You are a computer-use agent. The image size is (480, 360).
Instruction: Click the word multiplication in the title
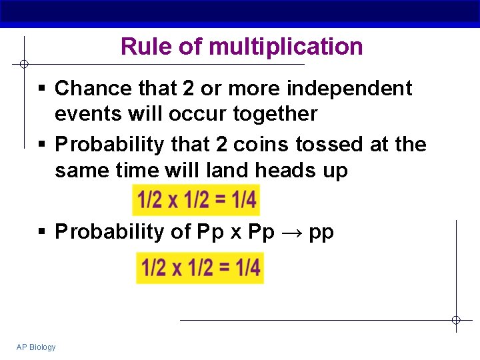click(286, 47)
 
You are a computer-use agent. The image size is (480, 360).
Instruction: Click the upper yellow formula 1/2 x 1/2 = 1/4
click(197, 199)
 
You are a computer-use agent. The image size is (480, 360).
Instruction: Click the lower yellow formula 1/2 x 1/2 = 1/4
click(200, 267)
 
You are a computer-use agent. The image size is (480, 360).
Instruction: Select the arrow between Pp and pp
click(291, 232)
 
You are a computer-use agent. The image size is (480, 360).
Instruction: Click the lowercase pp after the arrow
click(321, 233)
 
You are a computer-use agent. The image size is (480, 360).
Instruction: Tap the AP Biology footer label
click(36, 347)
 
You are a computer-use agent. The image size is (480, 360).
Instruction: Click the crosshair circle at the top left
click(23, 64)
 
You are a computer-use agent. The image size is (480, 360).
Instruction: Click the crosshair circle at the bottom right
click(456, 320)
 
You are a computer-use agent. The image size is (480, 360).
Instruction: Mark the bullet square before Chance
click(42, 89)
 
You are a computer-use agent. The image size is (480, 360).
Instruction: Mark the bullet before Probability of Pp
click(42, 232)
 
